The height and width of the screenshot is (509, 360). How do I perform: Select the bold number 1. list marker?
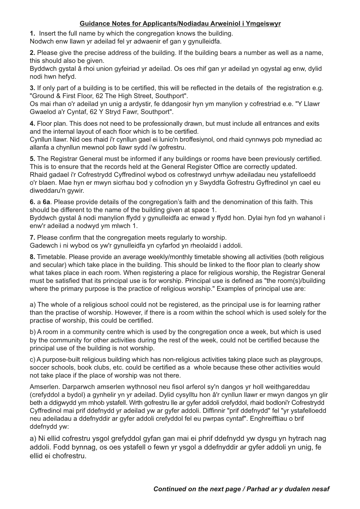(33, 33)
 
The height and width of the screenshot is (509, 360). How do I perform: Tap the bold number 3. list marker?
(33, 88)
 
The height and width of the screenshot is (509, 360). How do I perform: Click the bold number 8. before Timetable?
(33, 257)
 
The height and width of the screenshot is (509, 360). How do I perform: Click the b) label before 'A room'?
(33, 332)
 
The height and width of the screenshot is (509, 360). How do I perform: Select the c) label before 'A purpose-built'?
(33, 359)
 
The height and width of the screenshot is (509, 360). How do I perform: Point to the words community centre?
(96, 332)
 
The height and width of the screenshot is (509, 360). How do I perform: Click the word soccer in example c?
(40, 367)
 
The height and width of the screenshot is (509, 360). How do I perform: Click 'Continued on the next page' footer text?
(197, 489)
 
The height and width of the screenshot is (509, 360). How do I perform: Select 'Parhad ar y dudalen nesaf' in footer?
(288, 489)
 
